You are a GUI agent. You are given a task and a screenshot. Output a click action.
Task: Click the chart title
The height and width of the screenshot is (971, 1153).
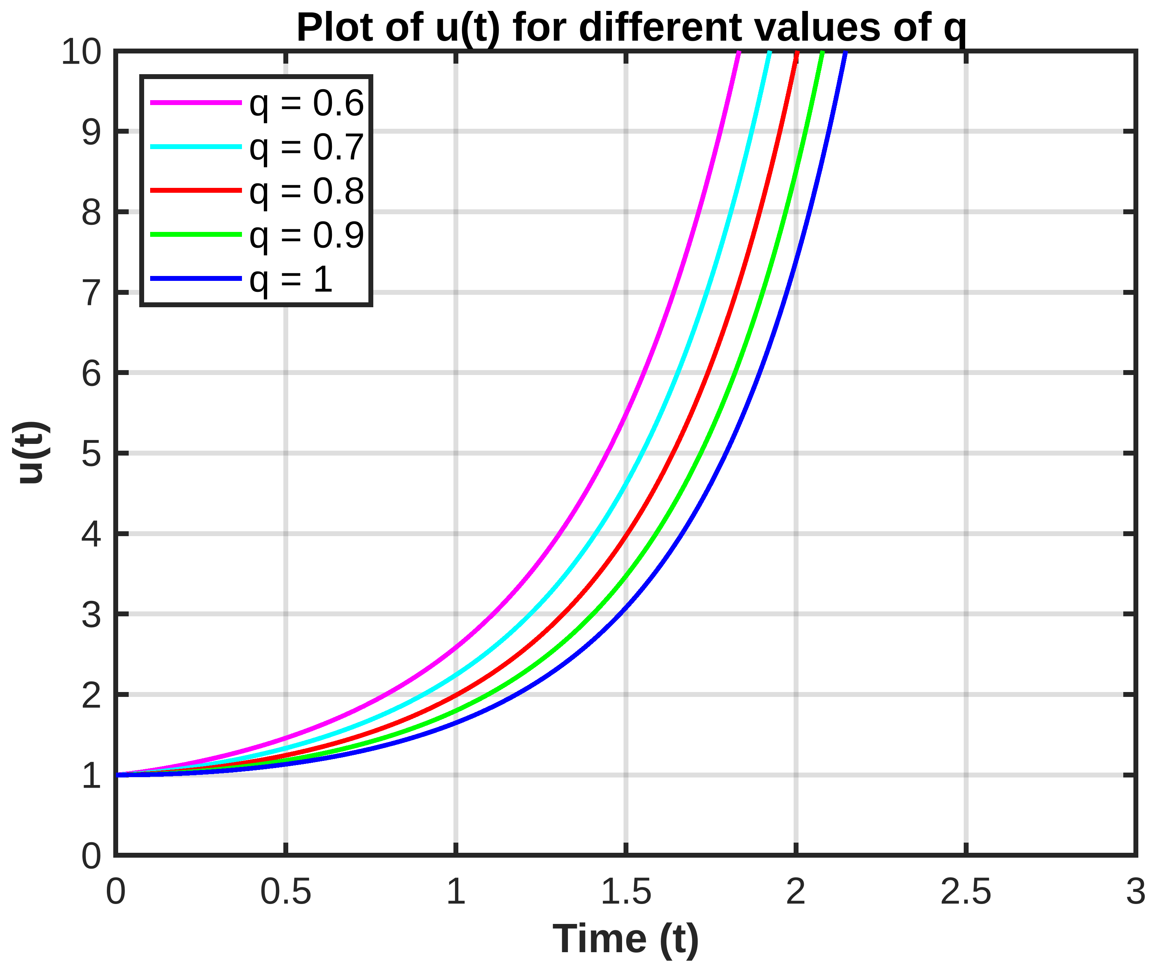[x=631, y=27]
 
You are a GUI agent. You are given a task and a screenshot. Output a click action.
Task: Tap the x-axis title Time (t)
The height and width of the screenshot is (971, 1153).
[x=625, y=939]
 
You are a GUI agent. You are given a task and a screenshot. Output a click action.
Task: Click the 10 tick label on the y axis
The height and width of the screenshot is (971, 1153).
[x=81, y=53]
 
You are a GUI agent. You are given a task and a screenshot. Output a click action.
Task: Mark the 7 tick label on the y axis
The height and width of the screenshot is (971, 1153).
[x=91, y=293]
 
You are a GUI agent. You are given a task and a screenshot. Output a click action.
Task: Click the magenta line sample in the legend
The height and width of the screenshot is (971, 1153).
[x=196, y=102]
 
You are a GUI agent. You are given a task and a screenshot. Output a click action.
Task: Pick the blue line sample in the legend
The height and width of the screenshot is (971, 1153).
[x=196, y=279]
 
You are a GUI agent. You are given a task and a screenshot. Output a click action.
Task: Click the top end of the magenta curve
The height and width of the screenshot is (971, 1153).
[x=739, y=53]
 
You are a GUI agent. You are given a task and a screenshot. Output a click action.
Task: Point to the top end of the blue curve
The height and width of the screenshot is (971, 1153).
[x=845, y=53]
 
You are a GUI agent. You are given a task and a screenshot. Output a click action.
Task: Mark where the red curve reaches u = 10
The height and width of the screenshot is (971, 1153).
[x=797, y=53]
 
